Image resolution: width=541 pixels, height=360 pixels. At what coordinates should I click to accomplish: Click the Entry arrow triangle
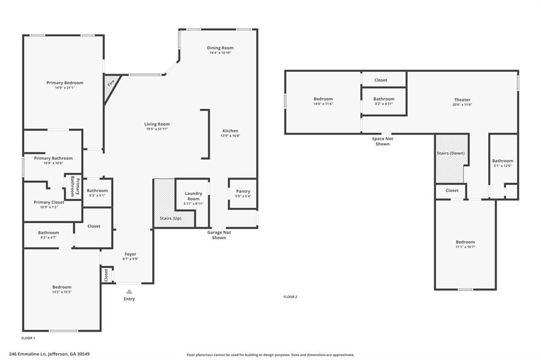(129, 291)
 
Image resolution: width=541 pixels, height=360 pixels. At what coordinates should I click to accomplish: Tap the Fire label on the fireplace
(111, 83)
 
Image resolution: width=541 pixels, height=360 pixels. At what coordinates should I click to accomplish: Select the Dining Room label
(220, 48)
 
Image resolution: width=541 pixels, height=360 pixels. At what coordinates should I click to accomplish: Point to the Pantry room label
(243, 191)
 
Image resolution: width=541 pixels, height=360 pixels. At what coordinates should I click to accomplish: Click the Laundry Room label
(193, 196)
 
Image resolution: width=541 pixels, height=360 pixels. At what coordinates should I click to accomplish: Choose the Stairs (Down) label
(450, 153)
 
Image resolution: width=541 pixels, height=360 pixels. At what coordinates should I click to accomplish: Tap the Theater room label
(462, 100)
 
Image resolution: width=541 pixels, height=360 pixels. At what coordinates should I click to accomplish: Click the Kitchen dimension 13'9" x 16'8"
(230, 136)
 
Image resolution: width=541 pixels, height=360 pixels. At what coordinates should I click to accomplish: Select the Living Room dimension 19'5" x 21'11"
(157, 129)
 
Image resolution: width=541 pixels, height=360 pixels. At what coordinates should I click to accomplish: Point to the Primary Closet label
(49, 202)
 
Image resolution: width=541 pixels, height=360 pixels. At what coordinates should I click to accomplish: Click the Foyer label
(130, 254)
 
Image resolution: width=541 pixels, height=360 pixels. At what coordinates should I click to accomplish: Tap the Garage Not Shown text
(219, 235)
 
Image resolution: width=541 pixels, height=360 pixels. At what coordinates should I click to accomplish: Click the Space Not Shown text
(383, 141)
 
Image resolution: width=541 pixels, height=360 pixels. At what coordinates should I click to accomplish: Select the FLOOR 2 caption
(290, 297)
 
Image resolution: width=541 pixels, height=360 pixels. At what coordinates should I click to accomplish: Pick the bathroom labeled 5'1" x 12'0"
(502, 163)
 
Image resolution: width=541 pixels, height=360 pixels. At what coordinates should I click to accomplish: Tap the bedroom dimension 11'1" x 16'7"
(465, 247)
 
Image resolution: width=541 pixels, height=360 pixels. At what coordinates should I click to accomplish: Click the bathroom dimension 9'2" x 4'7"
(48, 237)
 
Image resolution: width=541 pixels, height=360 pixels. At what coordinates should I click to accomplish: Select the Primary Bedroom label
(64, 83)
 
